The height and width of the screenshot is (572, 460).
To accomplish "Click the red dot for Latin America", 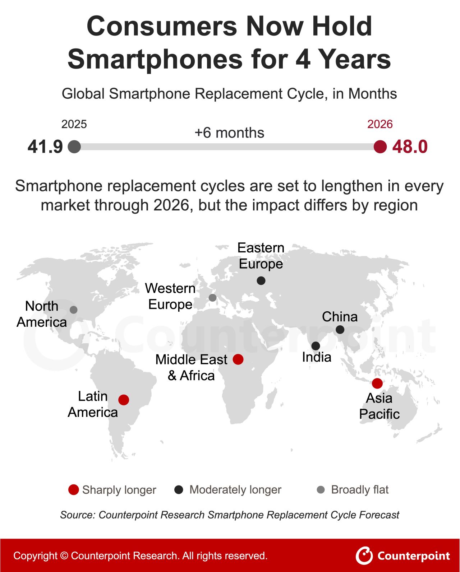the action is point(124,400).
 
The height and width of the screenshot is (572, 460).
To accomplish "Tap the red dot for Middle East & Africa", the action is point(238,359).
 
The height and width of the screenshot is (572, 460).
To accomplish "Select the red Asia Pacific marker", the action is point(377,383).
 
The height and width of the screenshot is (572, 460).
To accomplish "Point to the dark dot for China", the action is point(340,330).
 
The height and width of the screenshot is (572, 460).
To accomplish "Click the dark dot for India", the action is point(316,346).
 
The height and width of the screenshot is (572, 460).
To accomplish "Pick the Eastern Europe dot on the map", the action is point(261,280).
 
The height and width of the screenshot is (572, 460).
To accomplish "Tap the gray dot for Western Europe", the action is point(213,298).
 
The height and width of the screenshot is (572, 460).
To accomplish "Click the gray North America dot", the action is point(74,310).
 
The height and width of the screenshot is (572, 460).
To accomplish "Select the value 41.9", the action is point(45,147).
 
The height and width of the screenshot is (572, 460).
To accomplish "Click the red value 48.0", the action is point(410,147).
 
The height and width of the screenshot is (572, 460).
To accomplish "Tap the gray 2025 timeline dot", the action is point(74,147).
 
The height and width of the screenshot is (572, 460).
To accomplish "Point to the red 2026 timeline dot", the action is point(380,147).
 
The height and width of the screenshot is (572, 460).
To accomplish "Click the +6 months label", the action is point(229,132).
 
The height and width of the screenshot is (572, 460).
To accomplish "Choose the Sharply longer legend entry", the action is point(112,490).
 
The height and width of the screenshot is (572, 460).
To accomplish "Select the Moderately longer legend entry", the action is point(228,490).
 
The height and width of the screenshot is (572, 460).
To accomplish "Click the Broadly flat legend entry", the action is point(353,490).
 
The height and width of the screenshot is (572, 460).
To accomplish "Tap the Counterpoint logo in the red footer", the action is point(402,555).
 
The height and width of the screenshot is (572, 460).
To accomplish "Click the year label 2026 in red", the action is point(380,124).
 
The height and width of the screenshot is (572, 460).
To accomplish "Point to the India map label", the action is point(317,357).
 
